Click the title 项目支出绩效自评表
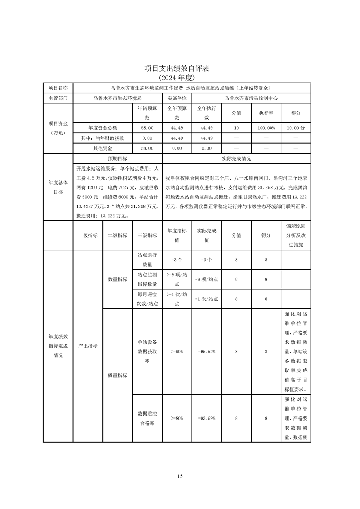pyautogui.click(x=180, y=69)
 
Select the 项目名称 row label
pyautogui.click(x=58, y=88)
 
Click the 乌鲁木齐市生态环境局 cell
pyautogui.click(x=117, y=98)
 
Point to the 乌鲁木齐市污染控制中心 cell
pyautogui.click(x=251, y=98)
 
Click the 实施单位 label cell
pyautogui.click(x=177, y=98)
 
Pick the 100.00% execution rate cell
pyautogui.click(x=266, y=128)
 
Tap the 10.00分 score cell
pyautogui.click(x=296, y=128)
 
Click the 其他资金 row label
pyautogui.click(x=103, y=148)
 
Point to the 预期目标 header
pyautogui.click(x=117, y=159)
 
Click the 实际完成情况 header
pyautogui.click(x=236, y=159)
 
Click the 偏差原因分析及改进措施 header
pyautogui.click(x=296, y=235)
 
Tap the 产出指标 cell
pyautogui.click(x=88, y=346)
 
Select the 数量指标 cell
pyautogui.click(x=117, y=279)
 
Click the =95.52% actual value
pyautogui.click(x=207, y=352)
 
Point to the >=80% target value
pyautogui.click(x=177, y=418)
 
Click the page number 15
pyautogui.click(x=180, y=476)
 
